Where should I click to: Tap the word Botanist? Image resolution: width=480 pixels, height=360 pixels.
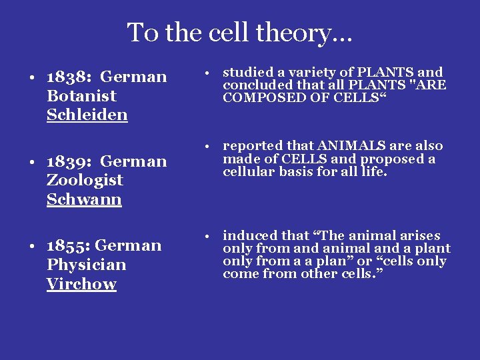coord(81,96)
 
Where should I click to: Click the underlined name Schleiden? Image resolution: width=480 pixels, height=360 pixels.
coord(87,115)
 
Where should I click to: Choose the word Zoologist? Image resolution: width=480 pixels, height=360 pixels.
coord(85,180)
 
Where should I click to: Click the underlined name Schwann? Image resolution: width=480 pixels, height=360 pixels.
coord(84,199)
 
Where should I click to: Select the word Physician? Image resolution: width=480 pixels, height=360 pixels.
coord(87,265)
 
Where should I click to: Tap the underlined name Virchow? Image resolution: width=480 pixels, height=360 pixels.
coord(81,284)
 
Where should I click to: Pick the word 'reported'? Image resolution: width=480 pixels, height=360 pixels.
coord(251,146)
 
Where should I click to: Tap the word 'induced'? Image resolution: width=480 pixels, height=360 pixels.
coord(247,235)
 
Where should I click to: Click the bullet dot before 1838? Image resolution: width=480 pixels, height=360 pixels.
coord(32,77)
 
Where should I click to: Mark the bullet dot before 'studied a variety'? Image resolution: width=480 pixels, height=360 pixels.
coord(209,72)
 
